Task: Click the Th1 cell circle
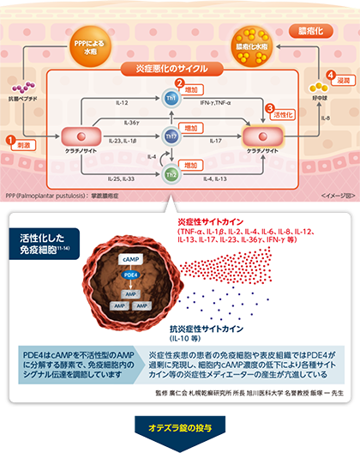pyautogui.click(x=170, y=100)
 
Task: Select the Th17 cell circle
pyautogui.click(x=171, y=136)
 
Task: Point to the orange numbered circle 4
pyautogui.click(x=330, y=76)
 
